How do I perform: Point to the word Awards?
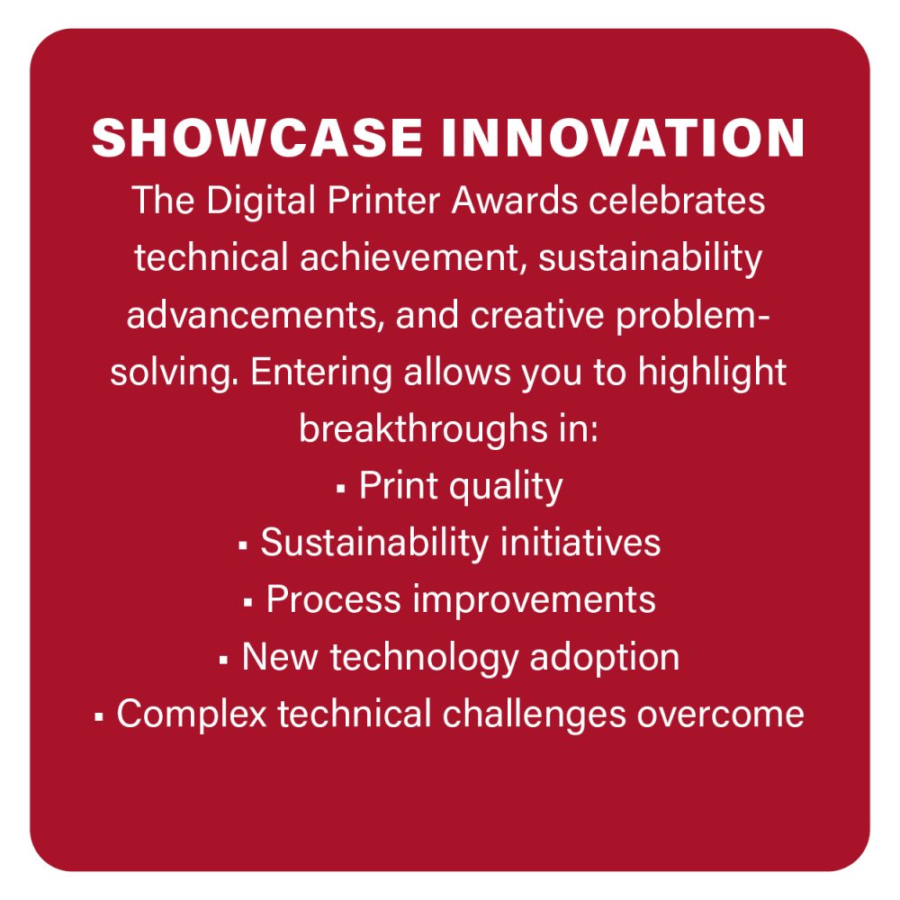(514, 201)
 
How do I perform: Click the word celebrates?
(677, 201)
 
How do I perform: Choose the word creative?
(537, 314)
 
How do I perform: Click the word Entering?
(321, 373)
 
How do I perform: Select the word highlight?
(712, 373)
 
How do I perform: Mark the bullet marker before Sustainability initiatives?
(243, 546)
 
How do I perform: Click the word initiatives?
(580, 543)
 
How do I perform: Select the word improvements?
(535, 601)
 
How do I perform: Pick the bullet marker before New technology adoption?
(224, 661)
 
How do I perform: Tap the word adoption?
(605, 659)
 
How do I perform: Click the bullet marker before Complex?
(99, 717)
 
